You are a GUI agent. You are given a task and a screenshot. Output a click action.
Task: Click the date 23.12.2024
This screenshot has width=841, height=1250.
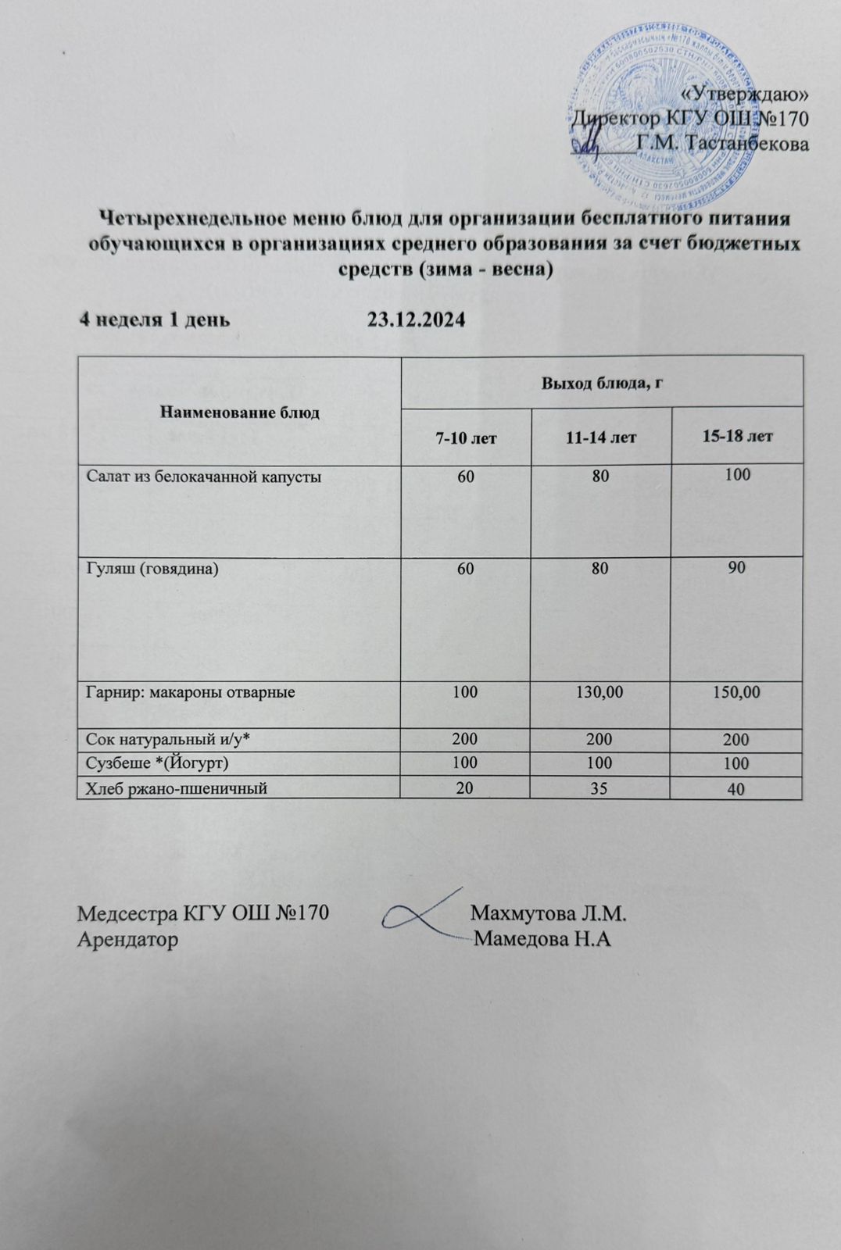[x=416, y=320]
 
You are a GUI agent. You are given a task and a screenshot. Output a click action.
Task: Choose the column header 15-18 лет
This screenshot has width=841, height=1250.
[x=737, y=436]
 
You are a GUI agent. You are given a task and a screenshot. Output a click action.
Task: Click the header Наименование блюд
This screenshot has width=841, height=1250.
[x=239, y=412]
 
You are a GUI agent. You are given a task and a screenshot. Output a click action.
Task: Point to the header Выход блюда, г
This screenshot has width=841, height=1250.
[x=602, y=383]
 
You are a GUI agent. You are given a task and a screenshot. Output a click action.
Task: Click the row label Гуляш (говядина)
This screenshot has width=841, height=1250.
[x=152, y=569]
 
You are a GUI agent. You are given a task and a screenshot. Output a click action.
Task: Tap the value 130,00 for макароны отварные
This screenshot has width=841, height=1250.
[x=599, y=691]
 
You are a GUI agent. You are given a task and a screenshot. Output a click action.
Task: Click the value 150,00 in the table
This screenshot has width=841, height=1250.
[x=736, y=691]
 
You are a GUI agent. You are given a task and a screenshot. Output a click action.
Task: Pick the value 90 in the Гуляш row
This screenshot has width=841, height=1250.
[x=736, y=568]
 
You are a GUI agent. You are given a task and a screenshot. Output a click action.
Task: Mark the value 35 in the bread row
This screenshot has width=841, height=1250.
[x=599, y=788]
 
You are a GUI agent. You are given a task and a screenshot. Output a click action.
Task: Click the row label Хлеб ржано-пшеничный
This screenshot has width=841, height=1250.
[x=177, y=789]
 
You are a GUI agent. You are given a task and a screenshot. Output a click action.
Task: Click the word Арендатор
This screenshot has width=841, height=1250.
[x=127, y=939]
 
